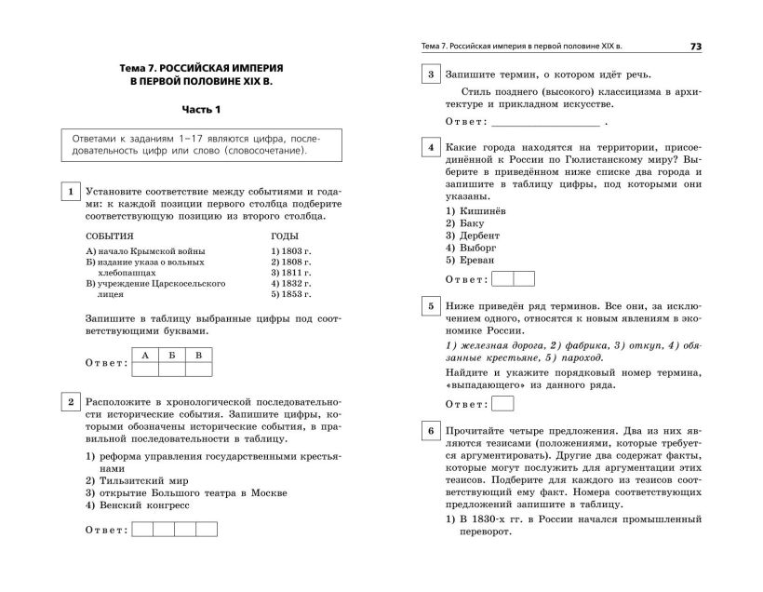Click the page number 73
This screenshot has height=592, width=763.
click(696, 47)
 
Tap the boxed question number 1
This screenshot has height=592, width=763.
click(69, 193)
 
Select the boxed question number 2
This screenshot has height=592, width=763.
click(69, 403)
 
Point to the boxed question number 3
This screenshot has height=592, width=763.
click(432, 75)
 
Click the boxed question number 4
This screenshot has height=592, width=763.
click(432, 148)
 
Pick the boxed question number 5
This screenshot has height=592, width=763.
click(432, 306)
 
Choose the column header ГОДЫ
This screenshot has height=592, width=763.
click(285, 236)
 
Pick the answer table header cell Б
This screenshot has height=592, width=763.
click(171, 355)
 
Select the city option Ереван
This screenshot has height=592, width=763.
click(470, 262)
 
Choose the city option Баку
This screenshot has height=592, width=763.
click(465, 224)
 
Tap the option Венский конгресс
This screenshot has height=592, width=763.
click(136, 505)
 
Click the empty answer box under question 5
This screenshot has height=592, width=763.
click(502, 404)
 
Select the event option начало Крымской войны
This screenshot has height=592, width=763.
click(144, 251)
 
